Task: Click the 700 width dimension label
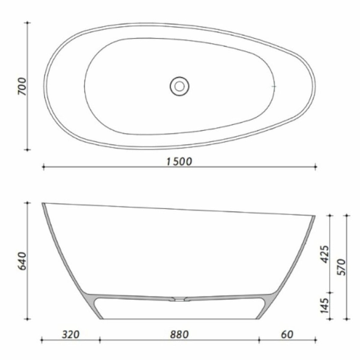coord(23,87)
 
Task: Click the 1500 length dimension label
coord(179,161)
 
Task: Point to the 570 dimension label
coord(342,267)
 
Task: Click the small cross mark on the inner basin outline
coord(274,86)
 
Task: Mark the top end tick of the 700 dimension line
coord(28,23)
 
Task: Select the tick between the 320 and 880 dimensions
coord(100,340)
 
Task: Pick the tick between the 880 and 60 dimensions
coord(259,340)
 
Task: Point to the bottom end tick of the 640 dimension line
coord(28,319)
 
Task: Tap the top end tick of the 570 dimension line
coord(347,215)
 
